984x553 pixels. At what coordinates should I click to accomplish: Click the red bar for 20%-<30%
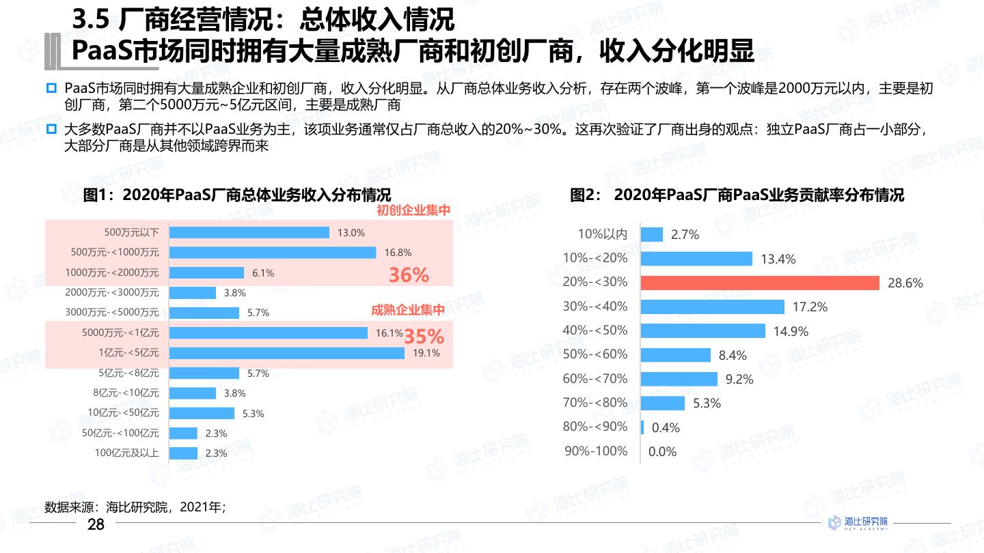[760, 283]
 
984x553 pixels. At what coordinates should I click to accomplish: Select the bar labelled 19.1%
[286, 353]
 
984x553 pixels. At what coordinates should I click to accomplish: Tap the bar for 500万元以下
[249, 232]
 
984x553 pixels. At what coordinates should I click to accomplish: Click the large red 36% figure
[409, 275]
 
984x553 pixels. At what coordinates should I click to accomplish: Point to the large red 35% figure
[424, 337]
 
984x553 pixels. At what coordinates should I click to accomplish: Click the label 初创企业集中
[413, 210]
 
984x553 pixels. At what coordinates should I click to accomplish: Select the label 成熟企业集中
[408, 310]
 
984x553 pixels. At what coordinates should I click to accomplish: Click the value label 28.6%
[905, 283]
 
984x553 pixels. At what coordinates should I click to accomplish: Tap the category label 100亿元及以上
[126, 453]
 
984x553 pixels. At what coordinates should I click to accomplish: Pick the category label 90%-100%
[595, 451]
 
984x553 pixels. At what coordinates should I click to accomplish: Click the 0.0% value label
[662, 451]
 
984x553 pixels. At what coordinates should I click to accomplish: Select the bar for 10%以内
[652, 234]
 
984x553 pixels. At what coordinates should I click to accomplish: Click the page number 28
[96, 524]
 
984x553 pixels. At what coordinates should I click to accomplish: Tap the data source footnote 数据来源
[135, 507]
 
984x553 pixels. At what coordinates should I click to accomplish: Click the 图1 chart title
[237, 195]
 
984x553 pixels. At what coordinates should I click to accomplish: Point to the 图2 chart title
[737, 195]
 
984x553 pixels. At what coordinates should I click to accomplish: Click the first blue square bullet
[51, 89]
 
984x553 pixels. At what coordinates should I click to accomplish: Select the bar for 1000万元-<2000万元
[206, 272]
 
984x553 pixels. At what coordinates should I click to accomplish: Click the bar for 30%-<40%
[713, 307]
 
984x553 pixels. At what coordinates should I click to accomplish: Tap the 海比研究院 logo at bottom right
[858, 522]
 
